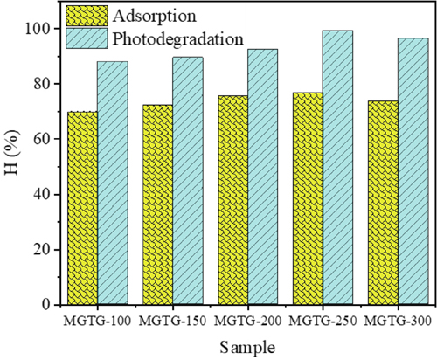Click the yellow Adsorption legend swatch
click(x=86, y=16)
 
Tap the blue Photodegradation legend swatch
click(x=86, y=38)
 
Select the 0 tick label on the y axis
click(x=45, y=304)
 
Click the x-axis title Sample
click(x=248, y=347)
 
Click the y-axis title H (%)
click(x=12, y=166)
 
